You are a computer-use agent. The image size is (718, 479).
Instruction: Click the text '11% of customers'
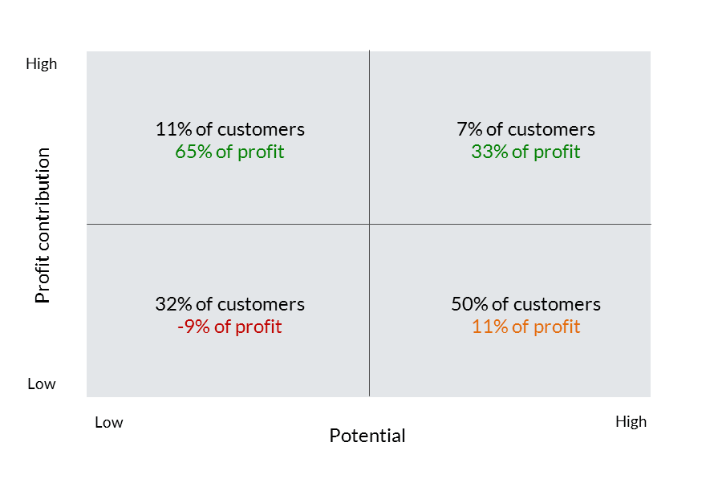(x=230, y=129)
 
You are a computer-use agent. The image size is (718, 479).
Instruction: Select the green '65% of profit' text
(x=230, y=152)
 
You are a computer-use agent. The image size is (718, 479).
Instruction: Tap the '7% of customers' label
(x=525, y=129)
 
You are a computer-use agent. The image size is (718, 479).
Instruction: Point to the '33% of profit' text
(x=525, y=152)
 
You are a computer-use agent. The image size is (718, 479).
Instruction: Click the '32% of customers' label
(x=230, y=304)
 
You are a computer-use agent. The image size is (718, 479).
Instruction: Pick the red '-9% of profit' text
(x=230, y=327)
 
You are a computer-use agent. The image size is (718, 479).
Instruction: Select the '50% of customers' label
(x=525, y=304)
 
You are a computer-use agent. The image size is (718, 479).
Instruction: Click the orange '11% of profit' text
(x=525, y=327)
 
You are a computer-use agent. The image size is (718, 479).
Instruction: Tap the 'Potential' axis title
(x=367, y=436)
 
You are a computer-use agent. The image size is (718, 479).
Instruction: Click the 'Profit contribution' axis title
(x=43, y=225)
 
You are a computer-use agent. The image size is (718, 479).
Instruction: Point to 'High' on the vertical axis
(x=41, y=63)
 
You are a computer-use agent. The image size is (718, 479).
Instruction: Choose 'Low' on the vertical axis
(x=41, y=384)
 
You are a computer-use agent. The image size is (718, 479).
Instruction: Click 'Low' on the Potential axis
(x=108, y=422)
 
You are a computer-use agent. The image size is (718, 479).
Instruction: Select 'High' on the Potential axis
(x=631, y=421)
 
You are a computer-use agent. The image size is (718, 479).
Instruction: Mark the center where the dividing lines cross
(x=370, y=225)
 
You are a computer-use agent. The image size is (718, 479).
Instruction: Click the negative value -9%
(x=193, y=327)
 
